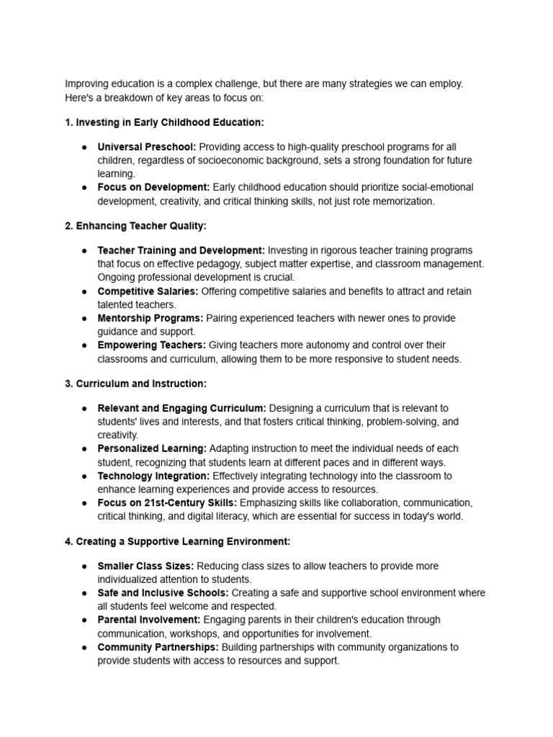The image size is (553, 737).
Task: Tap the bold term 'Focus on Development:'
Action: click(153, 187)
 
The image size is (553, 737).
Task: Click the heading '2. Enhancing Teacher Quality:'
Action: click(135, 226)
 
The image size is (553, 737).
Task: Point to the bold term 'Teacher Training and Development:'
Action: click(181, 250)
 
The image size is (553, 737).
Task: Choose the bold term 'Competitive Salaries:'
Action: click(148, 291)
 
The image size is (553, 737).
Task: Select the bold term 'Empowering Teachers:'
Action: click(151, 345)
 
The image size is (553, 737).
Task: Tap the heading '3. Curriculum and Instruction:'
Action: click(135, 384)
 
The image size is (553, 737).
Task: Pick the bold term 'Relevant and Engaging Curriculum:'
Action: click(181, 408)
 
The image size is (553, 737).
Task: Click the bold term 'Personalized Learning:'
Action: click(152, 448)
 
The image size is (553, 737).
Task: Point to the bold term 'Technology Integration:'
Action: click(153, 476)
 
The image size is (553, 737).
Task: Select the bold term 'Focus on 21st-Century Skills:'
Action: click(167, 502)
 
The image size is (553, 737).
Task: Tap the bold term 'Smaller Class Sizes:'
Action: click(145, 566)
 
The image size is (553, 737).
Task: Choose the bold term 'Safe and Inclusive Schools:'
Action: click(163, 592)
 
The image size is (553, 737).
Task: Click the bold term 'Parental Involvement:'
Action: click(149, 620)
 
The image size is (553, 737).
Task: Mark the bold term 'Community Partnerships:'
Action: click(157, 647)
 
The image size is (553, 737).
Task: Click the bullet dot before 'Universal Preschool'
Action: click(84, 148)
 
